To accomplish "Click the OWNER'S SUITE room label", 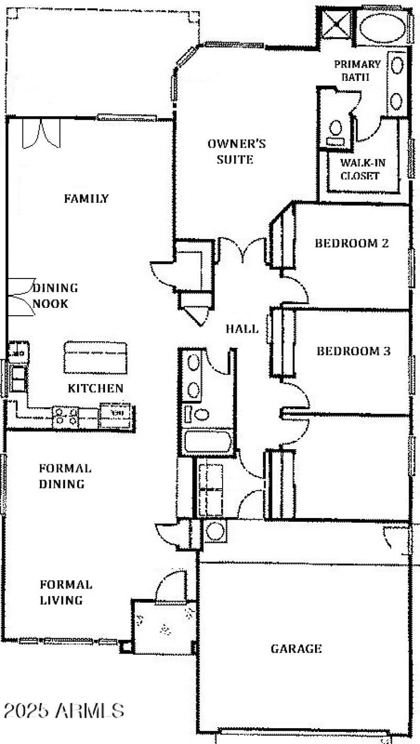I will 236,151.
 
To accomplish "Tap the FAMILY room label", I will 86,199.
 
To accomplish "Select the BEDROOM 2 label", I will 351,243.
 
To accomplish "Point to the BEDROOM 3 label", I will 353,351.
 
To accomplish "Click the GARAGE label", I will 296,649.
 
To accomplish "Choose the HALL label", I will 242,329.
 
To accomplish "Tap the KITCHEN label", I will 96,388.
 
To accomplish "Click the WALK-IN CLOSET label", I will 360,169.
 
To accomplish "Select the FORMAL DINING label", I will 65,476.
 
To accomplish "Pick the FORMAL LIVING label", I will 66,592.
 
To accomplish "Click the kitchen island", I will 95,357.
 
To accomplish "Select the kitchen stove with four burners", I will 66,417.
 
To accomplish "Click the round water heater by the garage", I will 215,531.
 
